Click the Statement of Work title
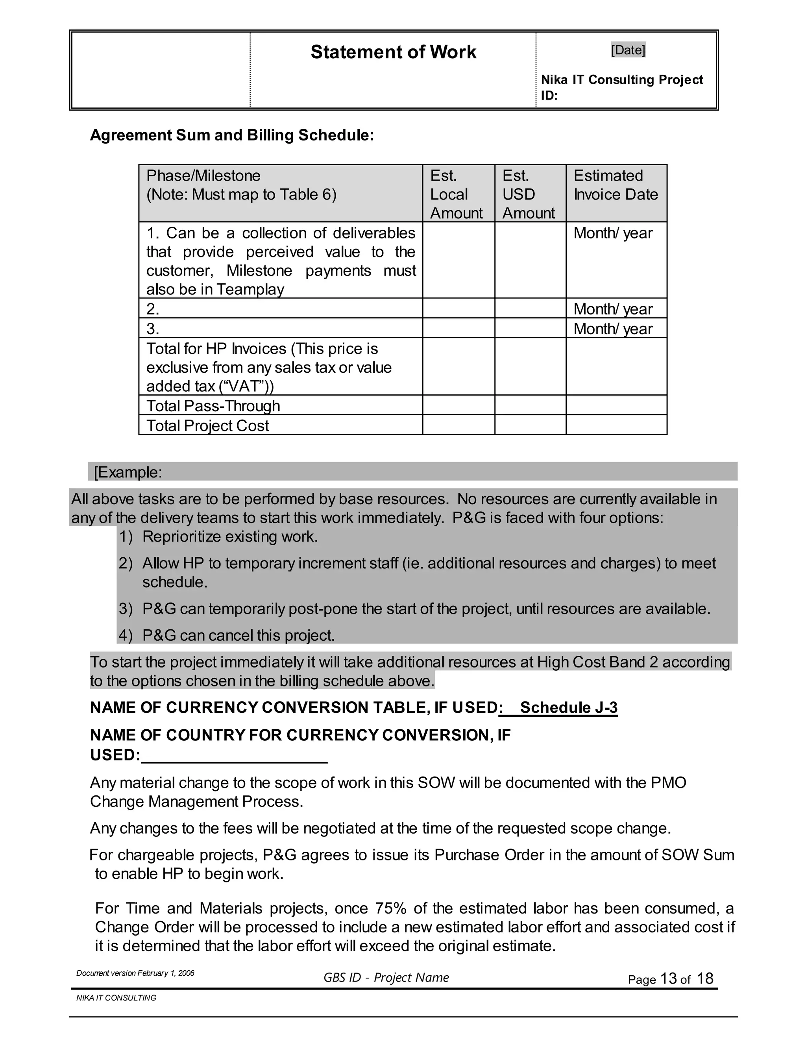coord(393,52)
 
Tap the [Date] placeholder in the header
coord(628,50)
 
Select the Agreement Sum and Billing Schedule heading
coord(231,135)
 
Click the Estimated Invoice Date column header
coord(616,185)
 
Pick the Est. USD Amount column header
coord(529,194)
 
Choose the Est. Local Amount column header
coord(457,194)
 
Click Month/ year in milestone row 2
coord(613,309)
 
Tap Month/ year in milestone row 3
coord(613,329)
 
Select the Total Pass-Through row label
coord(213,405)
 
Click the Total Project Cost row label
coord(208,425)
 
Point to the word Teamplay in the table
coord(250,289)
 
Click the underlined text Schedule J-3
coord(568,707)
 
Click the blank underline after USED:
coord(234,756)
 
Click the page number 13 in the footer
coord(669,979)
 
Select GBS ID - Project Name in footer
coord(386,978)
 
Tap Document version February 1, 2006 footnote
coord(135,973)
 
